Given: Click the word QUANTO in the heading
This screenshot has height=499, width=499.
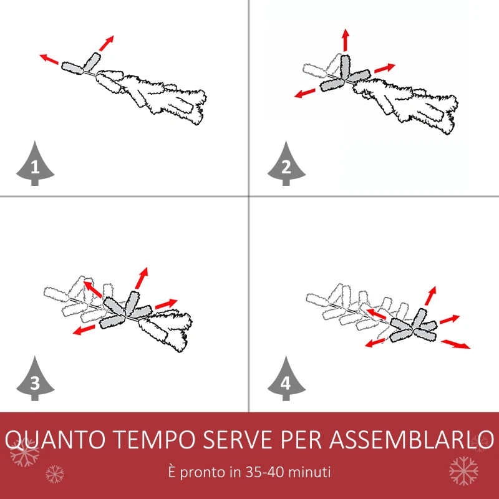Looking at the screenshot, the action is pyautogui.click(x=55, y=440).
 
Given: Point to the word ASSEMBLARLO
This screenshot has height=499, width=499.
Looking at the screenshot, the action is pyautogui.click(x=412, y=440).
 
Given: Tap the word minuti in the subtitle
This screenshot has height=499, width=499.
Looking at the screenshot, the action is pyautogui.click(x=309, y=472).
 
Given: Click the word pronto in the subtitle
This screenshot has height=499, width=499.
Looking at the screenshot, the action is pyautogui.click(x=204, y=473).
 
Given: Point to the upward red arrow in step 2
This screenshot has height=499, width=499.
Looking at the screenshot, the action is pyautogui.click(x=346, y=40).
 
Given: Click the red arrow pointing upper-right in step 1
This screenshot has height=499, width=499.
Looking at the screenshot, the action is pyautogui.click(x=106, y=43).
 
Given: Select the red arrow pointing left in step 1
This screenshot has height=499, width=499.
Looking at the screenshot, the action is pyautogui.click(x=49, y=59).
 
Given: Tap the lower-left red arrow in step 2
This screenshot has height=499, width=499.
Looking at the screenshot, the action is pyautogui.click(x=304, y=93).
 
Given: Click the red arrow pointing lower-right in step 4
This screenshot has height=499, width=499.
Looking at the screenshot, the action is pyautogui.click(x=456, y=344).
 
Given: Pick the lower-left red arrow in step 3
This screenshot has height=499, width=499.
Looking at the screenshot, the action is pyautogui.click(x=84, y=330).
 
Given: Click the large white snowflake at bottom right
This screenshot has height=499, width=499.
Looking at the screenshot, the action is pyautogui.click(x=463, y=471).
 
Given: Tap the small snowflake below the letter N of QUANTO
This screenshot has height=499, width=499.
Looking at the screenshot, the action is pyautogui.click(x=55, y=474).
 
